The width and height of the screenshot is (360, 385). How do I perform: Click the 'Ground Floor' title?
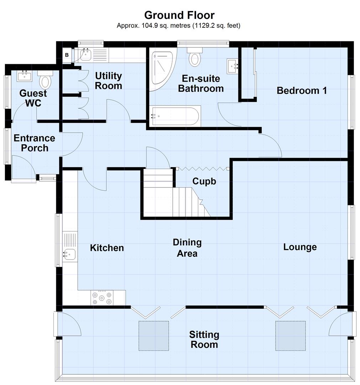point(179,15)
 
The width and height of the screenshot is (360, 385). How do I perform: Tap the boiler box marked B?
point(67,55)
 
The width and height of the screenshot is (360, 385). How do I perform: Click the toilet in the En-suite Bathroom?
point(194,58)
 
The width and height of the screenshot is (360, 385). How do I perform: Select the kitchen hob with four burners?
point(102,298)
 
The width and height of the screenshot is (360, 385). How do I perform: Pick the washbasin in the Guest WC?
point(25,75)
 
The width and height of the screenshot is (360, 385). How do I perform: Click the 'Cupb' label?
point(204,181)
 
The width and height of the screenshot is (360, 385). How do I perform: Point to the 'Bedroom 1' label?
point(302,91)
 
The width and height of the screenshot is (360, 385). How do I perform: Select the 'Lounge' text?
point(300,247)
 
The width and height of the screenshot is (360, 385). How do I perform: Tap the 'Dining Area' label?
point(187,248)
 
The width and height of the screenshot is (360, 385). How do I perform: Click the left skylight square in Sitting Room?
point(154,335)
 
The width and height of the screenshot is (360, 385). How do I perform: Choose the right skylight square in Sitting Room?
point(290,335)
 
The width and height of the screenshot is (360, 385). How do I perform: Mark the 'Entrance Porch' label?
point(34,143)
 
